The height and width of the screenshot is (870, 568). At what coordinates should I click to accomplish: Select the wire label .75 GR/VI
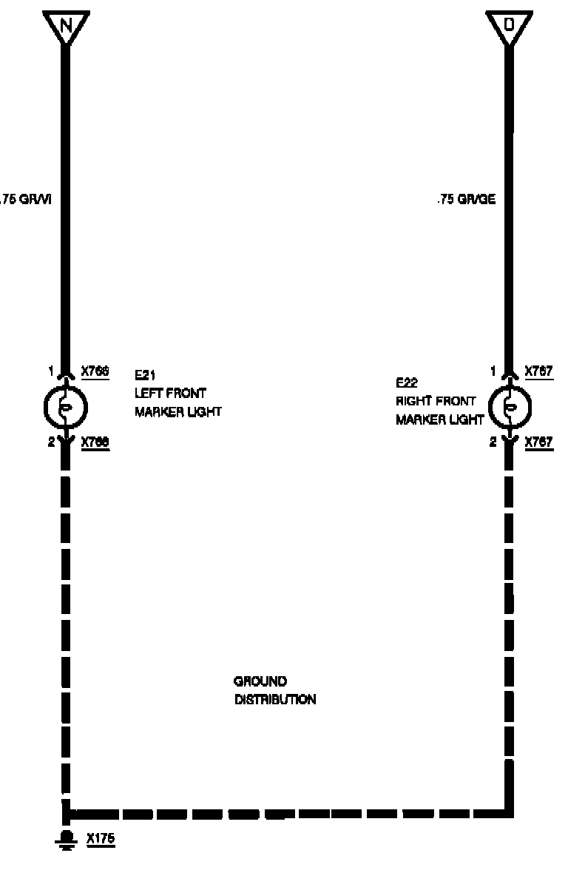pyautogui.click(x=25, y=199)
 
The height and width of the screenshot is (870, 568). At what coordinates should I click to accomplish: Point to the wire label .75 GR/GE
pyautogui.click(x=466, y=199)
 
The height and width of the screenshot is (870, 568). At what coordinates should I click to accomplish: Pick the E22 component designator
pyautogui.click(x=406, y=383)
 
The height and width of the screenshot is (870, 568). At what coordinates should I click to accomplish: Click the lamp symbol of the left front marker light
pyautogui.click(x=66, y=406)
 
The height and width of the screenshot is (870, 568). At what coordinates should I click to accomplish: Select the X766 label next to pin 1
pyautogui.click(x=95, y=371)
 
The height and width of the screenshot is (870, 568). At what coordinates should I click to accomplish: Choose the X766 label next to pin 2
pyautogui.click(x=95, y=442)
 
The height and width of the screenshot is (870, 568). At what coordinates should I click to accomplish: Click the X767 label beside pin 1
pyautogui.click(x=539, y=371)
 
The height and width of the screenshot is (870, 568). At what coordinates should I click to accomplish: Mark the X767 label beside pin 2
pyautogui.click(x=539, y=442)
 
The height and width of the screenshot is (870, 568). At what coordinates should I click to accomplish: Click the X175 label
pyautogui.click(x=101, y=840)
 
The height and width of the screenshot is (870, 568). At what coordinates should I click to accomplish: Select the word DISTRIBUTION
pyautogui.click(x=275, y=700)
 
